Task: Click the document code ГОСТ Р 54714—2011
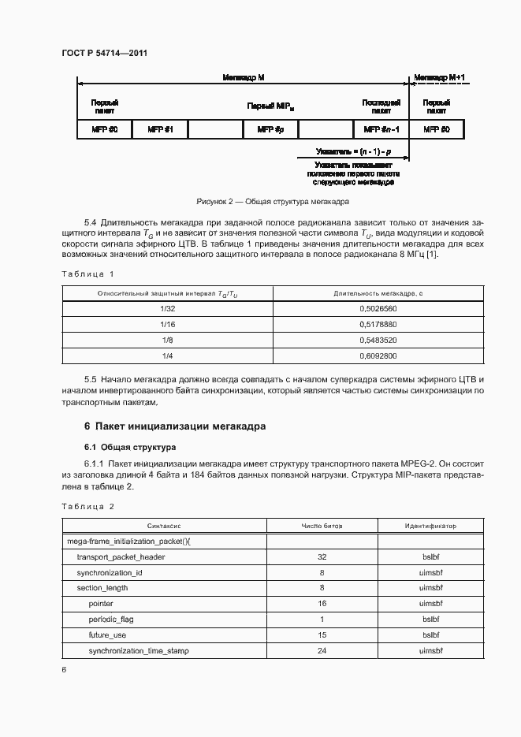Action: click(x=104, y=53)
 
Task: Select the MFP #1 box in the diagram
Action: click(x=160, y=129)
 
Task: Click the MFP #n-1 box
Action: click(x=381, y=129)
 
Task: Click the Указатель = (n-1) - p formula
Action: click(x=353, y=150)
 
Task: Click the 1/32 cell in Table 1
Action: click(x=167, y=308)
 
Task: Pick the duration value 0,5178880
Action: click(x=378, y=324)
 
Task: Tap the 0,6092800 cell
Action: click(x=378, y=355)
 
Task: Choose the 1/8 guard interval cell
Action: click(x=167, y=340)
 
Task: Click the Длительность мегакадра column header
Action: click(x=378, y=293)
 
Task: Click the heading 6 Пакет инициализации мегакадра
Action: click(x=174, y=426)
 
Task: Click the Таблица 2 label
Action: click(x=87, y=506)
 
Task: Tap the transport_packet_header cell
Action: click(x=121, y=556)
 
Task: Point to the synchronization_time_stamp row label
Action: click(x=139, y=650)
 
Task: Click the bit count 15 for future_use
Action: click(x=322, y=635)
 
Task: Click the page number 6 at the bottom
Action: click(x=64, y=669)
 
